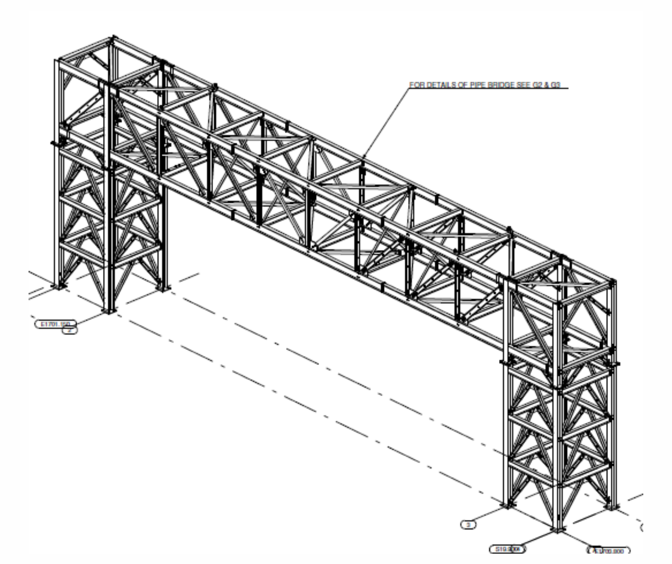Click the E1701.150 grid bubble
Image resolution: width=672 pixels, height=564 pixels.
[x=55, y=324]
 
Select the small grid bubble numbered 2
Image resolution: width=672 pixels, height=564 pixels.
[x=70, y=330]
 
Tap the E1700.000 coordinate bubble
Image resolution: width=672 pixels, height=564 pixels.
[x=609, y=551]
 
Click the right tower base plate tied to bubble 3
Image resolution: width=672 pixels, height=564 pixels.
[x=507, y=505]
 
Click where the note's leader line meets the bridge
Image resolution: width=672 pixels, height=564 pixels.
[x=363, y=157]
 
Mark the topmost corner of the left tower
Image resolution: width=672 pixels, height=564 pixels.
[x=113, y=37]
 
